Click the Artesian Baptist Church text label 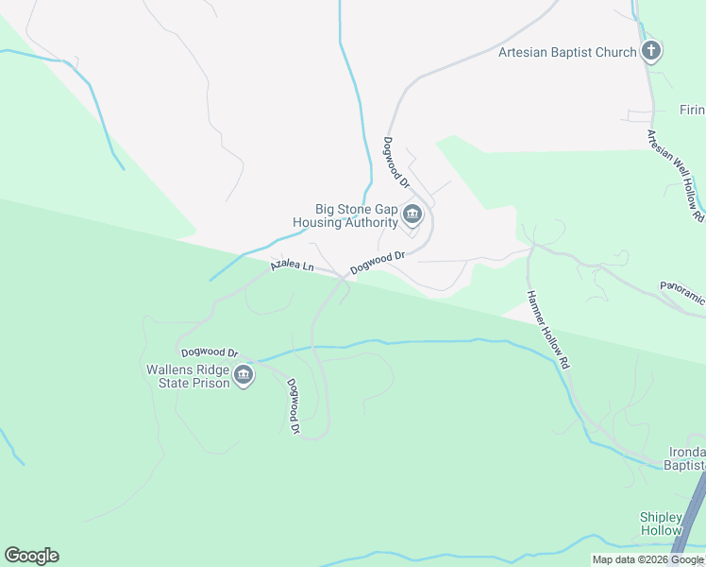pyautogui.click(x=567, y=52)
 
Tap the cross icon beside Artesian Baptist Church pyautogui.click(x=651, y=51)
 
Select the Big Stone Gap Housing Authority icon pyautogui.click(x=412, y=215)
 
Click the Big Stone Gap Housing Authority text pyautogui.click(x=345, y=216)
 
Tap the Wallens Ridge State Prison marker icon pyautogui.click(x=244, y=376)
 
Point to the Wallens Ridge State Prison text pyautogui.click(x=188, y=376)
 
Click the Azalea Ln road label pyautogui.click(x=292, y=266)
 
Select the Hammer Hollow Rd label pyautogui.click(x=549, y=329)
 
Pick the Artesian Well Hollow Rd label pyautogui.click(x=675, y=176)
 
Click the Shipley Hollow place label pyautogui.click(x=661, y=524)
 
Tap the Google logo pyautogui.click(x=31, y=555)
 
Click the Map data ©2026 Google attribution pyautogui.click(x=648, y=559)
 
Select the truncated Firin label pyautogui.click(x=692, y=110)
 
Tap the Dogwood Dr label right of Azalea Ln pyautogui.click(x=377, y=262)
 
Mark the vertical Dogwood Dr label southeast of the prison pyautogui.click(x=294, y=406)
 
